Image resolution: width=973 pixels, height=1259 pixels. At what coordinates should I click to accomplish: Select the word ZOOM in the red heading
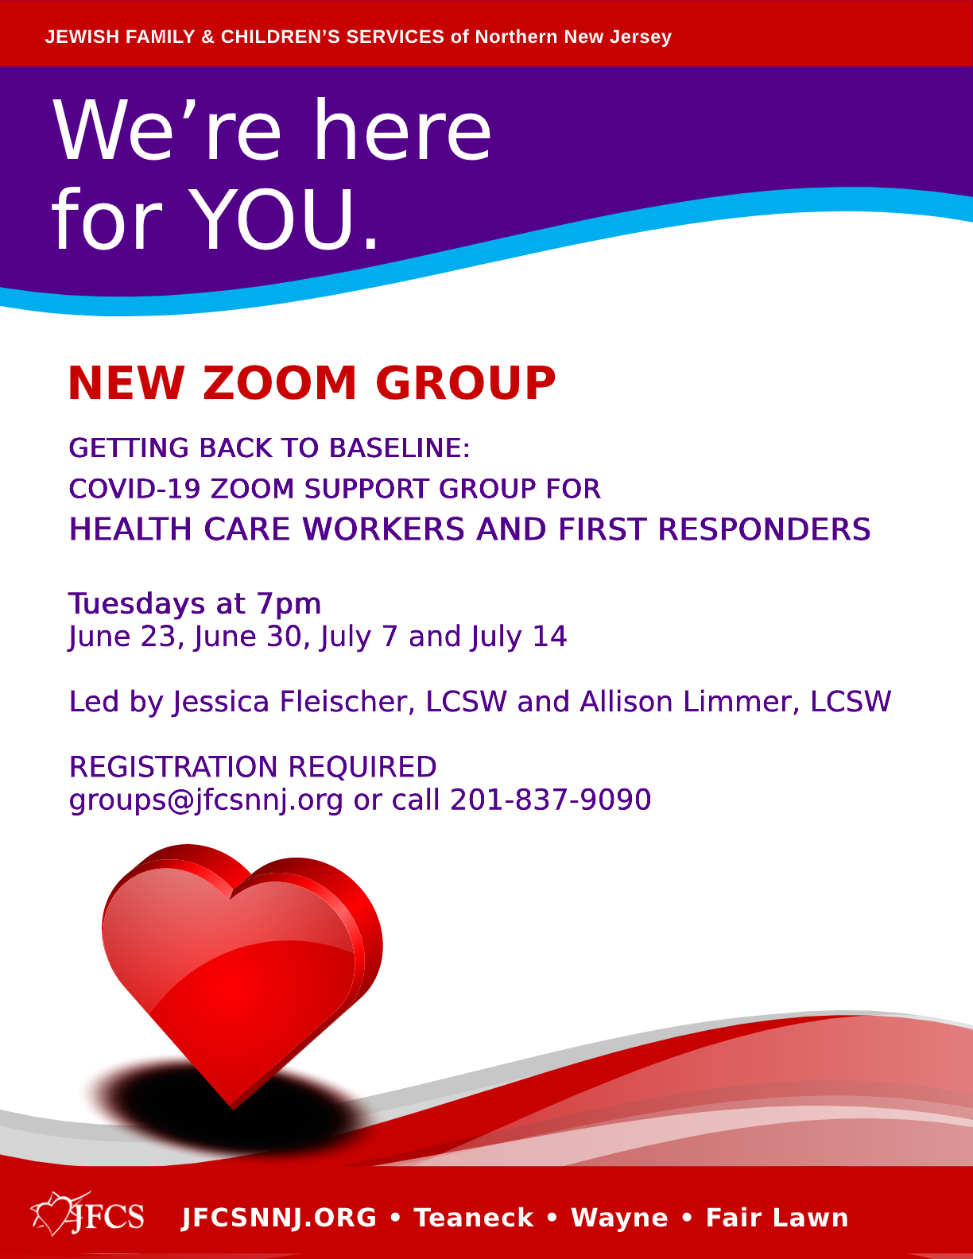279,383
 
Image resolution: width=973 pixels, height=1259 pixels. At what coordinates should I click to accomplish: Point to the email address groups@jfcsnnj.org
206,800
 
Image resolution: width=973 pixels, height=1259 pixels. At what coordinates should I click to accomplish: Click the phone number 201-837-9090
551,800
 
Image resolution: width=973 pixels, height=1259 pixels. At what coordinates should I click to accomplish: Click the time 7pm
289,605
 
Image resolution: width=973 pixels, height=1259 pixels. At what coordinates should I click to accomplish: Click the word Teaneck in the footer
474,1218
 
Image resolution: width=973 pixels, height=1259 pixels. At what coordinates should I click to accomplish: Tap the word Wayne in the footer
619,1218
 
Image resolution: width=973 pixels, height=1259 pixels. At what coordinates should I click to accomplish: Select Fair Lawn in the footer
777,1218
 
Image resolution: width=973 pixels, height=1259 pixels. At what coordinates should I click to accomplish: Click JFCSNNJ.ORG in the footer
279,1218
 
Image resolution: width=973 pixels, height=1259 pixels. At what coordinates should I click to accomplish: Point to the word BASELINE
400,447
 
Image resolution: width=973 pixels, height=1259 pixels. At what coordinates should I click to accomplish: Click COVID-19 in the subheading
134,489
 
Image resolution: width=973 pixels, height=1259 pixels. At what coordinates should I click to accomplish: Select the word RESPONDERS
765,529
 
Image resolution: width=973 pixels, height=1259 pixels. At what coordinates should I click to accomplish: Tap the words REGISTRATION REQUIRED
253,766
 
